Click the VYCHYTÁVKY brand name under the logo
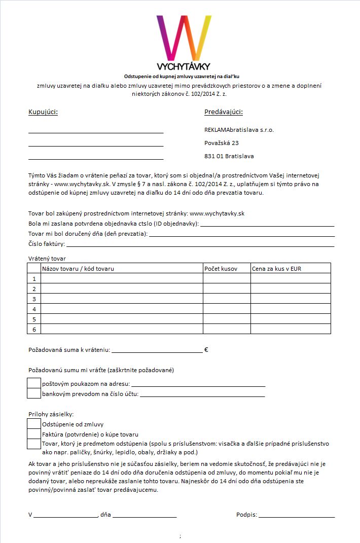[184, 66]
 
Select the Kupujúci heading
[43, 112]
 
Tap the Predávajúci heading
[224, 112]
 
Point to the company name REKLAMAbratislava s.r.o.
[239, 130]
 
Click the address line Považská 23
[222, 143]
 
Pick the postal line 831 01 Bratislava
[229, 156]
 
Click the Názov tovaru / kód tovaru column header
[78, 268]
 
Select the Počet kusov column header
[221, 268]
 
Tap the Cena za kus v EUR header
[276, 268]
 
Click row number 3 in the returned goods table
[34, 299]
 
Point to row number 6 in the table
[34, 329]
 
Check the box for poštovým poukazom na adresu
[33, 383]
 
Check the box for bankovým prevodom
[33, 393]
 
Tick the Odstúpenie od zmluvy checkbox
[33, 424]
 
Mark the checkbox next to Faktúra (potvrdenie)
[33, 434]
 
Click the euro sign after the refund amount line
[206, 349]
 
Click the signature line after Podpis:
[297, 515]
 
